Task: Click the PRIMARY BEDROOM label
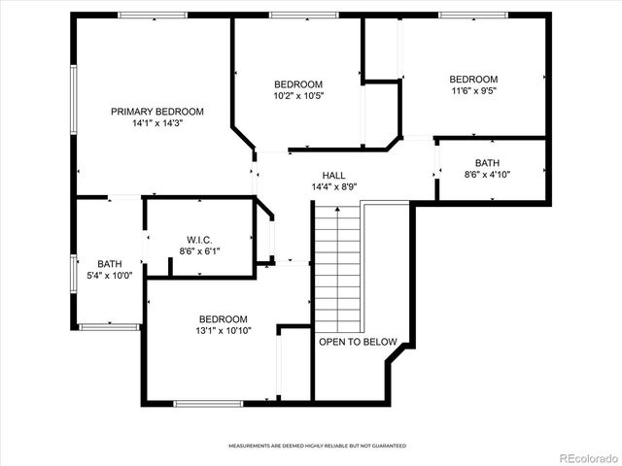click(157, 112)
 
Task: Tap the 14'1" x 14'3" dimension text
click(157, 124)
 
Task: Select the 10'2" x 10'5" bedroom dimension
click(298, 96)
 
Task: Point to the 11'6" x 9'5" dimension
click(473, 92)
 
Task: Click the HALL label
click(333, 176)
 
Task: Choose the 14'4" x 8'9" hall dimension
click(333, 187)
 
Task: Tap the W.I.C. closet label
click(199, 240)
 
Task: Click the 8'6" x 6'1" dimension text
click(199, 251)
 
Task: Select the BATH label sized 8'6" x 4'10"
click(487, 162)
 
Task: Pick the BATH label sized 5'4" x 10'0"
click(110, 264)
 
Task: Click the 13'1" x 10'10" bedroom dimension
click(223, 331)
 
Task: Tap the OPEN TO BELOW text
click(358, 342)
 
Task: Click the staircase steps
click(336, 267)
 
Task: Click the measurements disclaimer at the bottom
click(317, 446)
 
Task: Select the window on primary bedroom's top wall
click(153, 15)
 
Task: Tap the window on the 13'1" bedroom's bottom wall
click(208, 403)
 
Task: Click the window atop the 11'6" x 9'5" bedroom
click(472, 15)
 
